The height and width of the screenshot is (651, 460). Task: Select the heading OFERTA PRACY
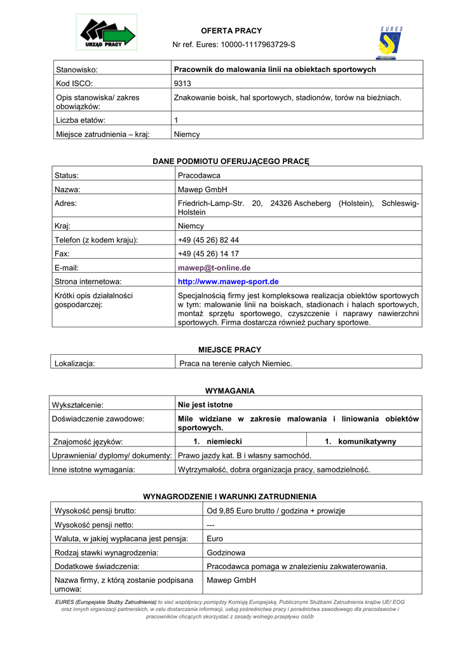[231, 31]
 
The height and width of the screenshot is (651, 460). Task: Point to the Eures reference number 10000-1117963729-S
[258, 45]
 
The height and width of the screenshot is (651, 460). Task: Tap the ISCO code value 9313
[182, 83]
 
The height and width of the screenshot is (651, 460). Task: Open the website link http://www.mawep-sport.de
[228, 281]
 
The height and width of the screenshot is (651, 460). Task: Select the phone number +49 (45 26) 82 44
[208, 240]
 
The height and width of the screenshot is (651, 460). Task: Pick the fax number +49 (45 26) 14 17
[208, 254]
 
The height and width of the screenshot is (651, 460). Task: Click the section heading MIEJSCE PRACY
[229, 350]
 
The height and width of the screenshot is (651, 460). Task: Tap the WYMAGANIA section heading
[229, 391]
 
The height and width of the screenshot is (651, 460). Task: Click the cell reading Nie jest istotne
[205, 404]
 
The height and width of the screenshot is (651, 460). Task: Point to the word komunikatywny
[367, 441]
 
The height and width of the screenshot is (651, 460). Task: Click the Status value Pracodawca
[199, 175]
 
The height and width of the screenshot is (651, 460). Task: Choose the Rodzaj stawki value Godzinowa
[226, 552]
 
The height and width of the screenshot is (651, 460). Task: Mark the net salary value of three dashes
[212, 524]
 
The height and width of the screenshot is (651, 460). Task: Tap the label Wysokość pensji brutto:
[96, 511]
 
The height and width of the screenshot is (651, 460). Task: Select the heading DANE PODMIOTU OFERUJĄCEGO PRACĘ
[230, 161]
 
